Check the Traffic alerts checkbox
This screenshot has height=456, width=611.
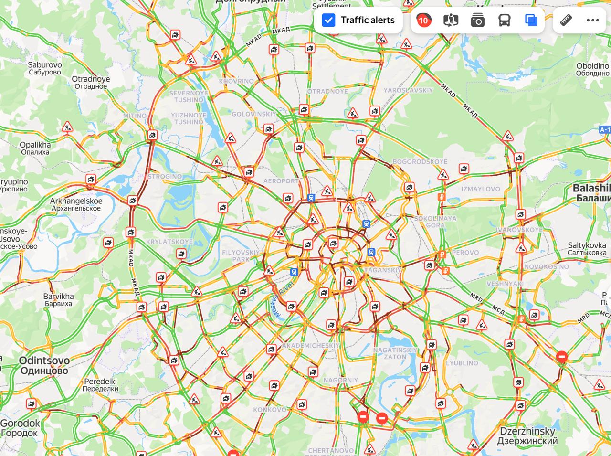pos(329,20)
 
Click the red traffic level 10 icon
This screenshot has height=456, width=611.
pos(423,20)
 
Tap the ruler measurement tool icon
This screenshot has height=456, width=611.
pos(566,20)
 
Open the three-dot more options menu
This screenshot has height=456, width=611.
pos(592,20)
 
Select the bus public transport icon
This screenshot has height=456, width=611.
pos(505,20)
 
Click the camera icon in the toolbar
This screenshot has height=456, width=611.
pos(477,20)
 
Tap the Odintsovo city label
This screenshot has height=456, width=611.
pos(44,365)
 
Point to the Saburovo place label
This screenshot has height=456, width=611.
pos(44,68)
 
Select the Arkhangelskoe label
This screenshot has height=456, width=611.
pos(76,204)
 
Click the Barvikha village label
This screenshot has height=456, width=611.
pos(58,299)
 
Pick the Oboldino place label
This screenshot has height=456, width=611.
pos(592,70)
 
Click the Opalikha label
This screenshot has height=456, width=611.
pos(35,148)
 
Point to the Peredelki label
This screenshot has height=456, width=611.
pos(100,385)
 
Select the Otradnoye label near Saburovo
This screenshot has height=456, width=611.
pos(91,83)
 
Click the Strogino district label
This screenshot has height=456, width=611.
pos(165,176)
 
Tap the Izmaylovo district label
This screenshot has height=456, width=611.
pos(481,189)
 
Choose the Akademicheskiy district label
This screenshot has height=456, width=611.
pos(311,345)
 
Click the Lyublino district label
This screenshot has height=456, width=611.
pos(462,363)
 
